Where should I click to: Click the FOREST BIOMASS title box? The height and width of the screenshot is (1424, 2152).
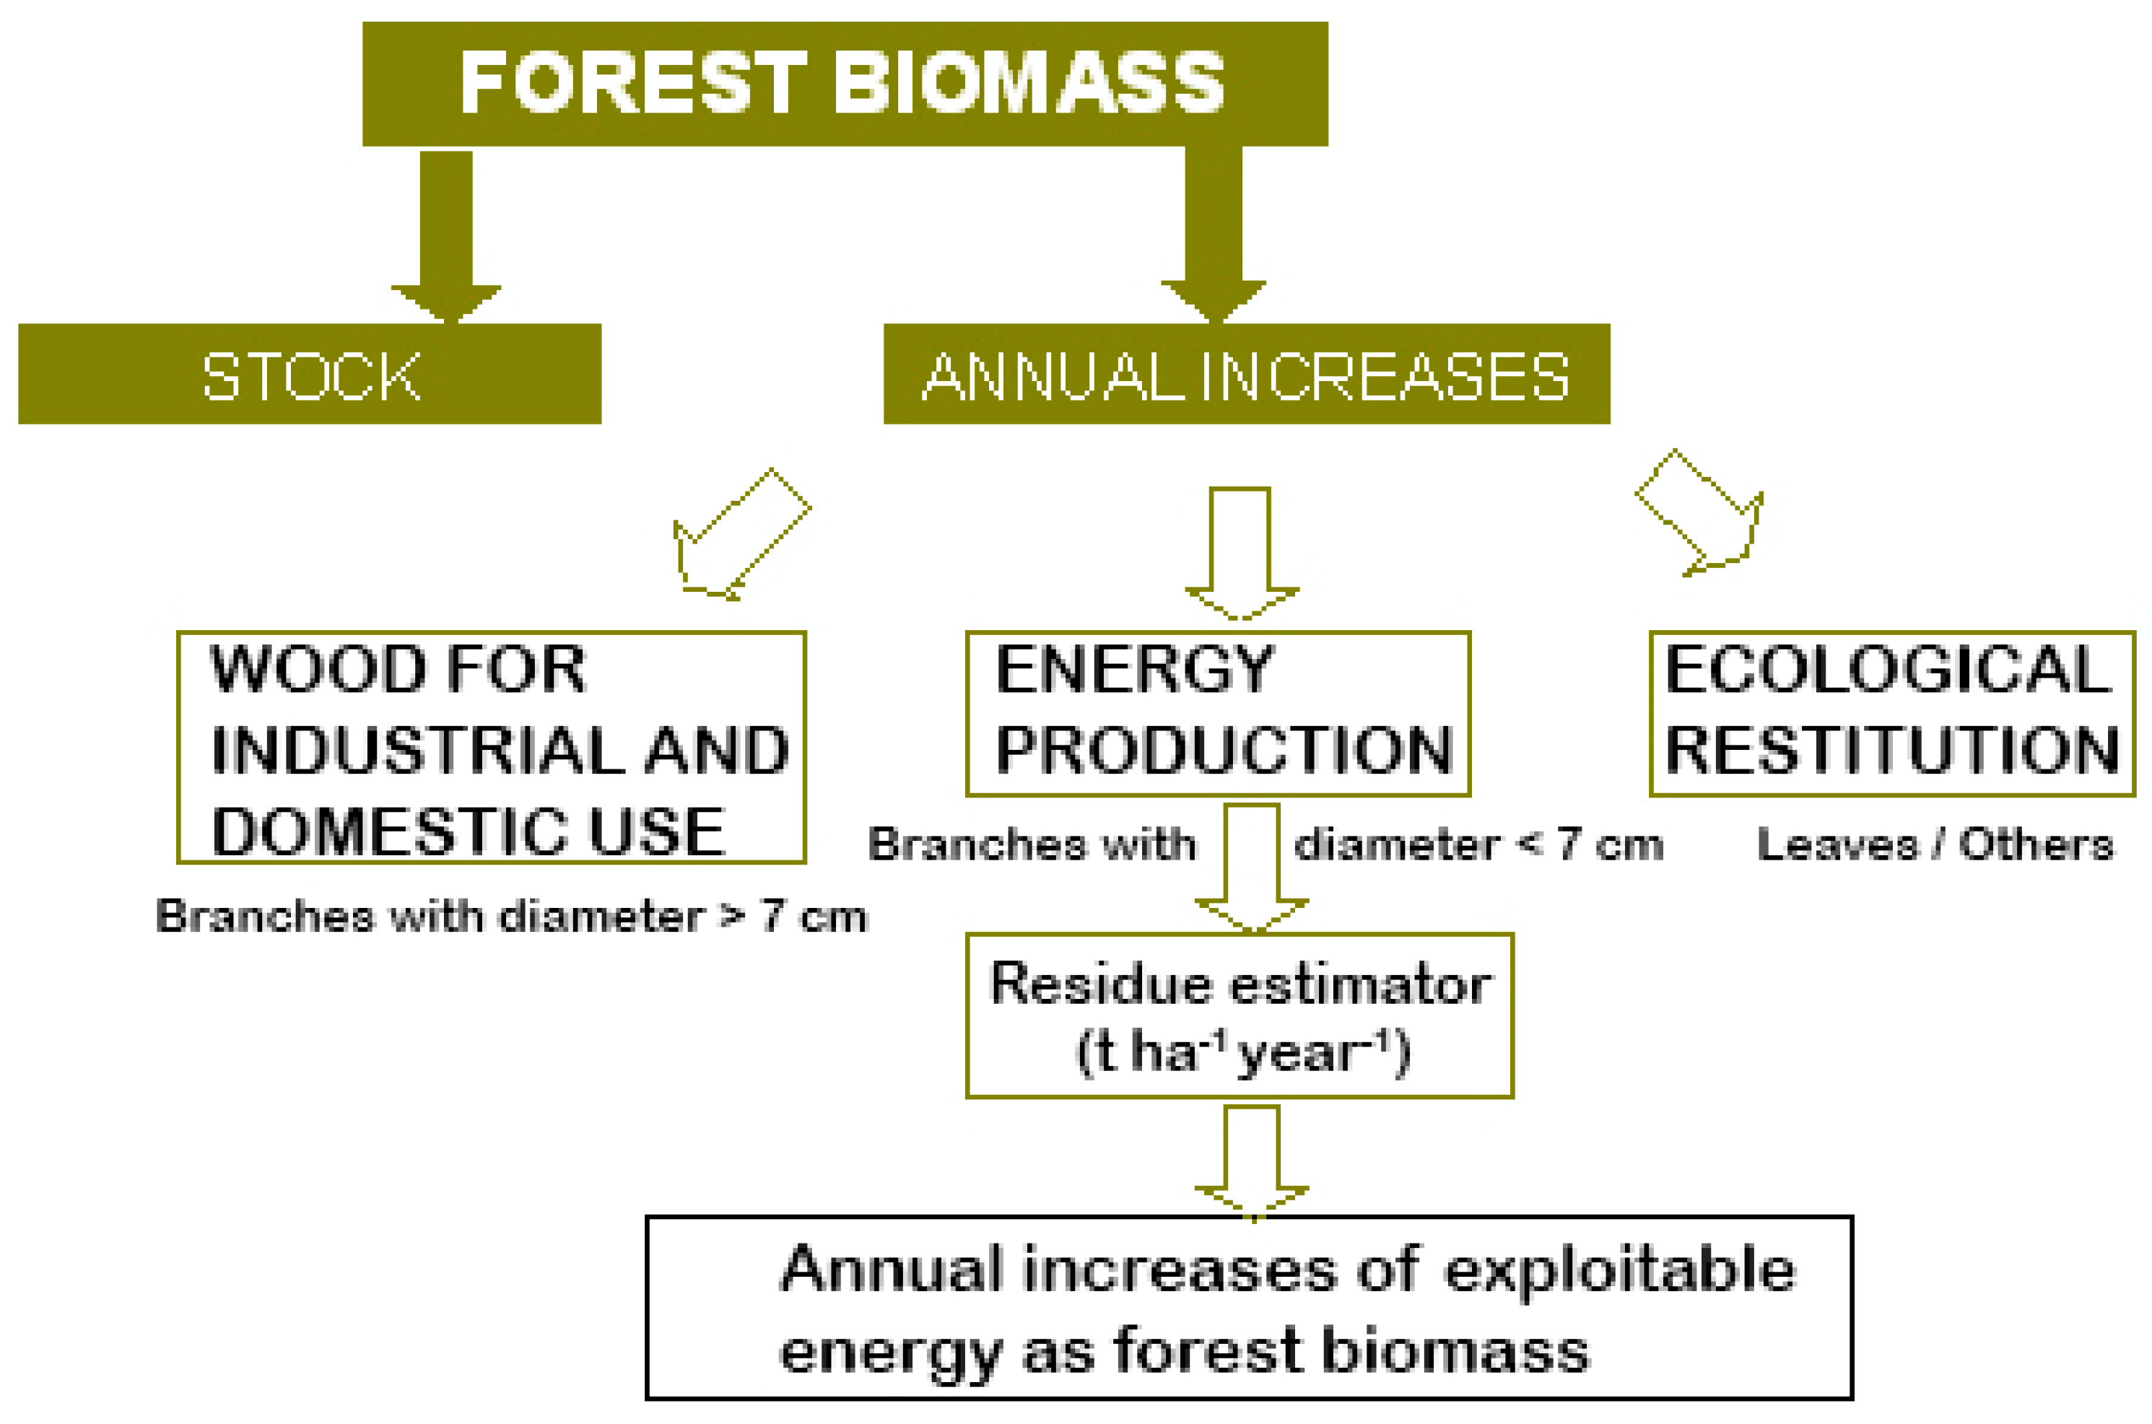(x=845, y=84)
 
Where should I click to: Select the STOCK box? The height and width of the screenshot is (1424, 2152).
(x=310, y=373)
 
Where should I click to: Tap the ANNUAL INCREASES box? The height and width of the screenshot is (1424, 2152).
(x=1246, y=373)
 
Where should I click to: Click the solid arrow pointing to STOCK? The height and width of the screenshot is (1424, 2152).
(x=446, y=236)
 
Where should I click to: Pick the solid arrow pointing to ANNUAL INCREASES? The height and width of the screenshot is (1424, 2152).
(x=1214, y=235)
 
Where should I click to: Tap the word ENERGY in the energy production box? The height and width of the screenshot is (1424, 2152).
(x=1136, y=669)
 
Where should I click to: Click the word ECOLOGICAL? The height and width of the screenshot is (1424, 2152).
(x=1889, y=669)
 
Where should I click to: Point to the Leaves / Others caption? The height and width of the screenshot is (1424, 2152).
(x=1935, y=844)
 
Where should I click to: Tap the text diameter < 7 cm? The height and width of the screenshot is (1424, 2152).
(x=1478, y=844)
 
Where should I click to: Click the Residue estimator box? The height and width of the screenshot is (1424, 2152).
(x=1239, y=1015)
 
